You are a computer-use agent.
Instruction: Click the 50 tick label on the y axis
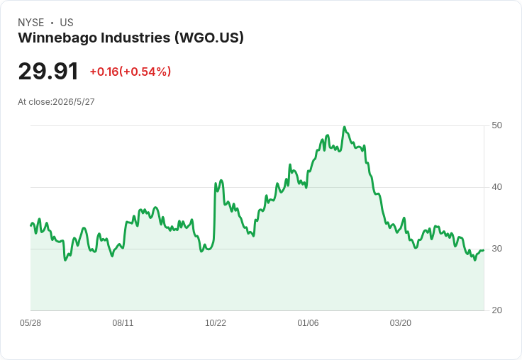[496, 125]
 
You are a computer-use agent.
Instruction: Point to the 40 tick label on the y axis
[496, 187]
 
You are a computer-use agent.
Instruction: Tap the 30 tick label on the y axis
[496, 249]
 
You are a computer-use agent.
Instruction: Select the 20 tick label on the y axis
[496, 310]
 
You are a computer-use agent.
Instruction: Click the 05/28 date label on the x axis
[30, 323]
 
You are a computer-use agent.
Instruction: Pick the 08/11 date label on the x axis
[123, 323]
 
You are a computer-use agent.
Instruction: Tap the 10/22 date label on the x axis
[216, 323]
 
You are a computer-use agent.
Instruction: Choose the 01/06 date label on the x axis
[308, 323]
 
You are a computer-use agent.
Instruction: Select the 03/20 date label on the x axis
[401, 323]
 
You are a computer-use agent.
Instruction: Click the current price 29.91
[48, 71]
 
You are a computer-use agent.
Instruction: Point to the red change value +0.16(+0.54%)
[130, 72]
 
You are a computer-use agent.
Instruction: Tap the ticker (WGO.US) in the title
[209, 38]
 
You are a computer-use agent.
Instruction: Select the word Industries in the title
[136, 38]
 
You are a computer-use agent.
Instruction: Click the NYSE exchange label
[31, 23]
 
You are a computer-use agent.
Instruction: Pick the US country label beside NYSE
[67, 23]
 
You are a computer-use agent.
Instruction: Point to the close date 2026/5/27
[74, 102]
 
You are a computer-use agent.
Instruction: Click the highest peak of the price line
[344, 127]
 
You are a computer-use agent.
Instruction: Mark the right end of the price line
[484, 250]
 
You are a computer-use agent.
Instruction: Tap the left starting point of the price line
[31, 225]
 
